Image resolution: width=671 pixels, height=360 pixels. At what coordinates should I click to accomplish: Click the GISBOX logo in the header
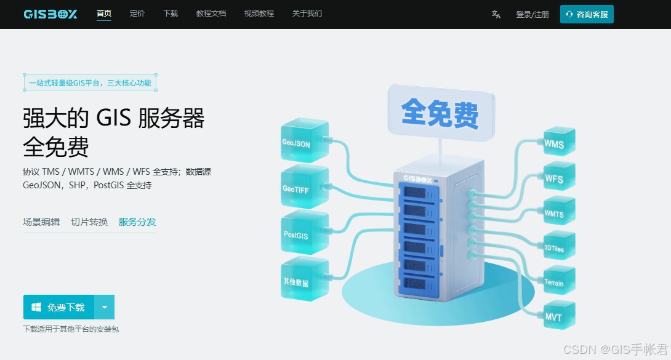pos(50,14)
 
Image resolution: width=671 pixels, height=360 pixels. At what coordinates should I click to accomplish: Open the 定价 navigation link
pos(137,14)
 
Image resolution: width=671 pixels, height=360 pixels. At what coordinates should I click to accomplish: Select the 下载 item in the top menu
pos(171,14)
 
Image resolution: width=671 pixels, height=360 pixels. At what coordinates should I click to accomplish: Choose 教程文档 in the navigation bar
pos(211,14)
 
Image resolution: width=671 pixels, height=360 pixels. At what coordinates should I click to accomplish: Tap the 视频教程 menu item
pos(259,14)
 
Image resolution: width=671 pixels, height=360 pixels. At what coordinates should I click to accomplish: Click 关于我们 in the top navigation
pos(307,14)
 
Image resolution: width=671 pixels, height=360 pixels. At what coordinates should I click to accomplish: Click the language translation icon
pos(496,14)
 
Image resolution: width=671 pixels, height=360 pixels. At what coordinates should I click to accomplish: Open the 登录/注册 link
pos(532,14)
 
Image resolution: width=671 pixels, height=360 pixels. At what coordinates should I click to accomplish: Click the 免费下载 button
pos(59,307)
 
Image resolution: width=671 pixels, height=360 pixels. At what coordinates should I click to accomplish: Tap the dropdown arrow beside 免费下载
pos(105,307)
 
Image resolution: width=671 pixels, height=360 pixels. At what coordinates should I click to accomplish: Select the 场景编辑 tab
pos(41,222)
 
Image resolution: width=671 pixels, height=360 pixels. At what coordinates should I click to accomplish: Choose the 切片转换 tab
pos(89,222)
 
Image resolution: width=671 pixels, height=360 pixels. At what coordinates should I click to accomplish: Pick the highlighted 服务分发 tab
pos(137,222)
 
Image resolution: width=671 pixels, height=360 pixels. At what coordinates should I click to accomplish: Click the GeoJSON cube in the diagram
pos(303,142)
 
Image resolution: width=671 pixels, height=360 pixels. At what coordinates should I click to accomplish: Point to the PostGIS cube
pos(303,234)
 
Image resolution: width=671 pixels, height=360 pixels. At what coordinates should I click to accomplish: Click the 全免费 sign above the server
pos(440,113)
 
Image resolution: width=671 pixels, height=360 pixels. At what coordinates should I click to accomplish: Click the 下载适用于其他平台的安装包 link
pos(71,329)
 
